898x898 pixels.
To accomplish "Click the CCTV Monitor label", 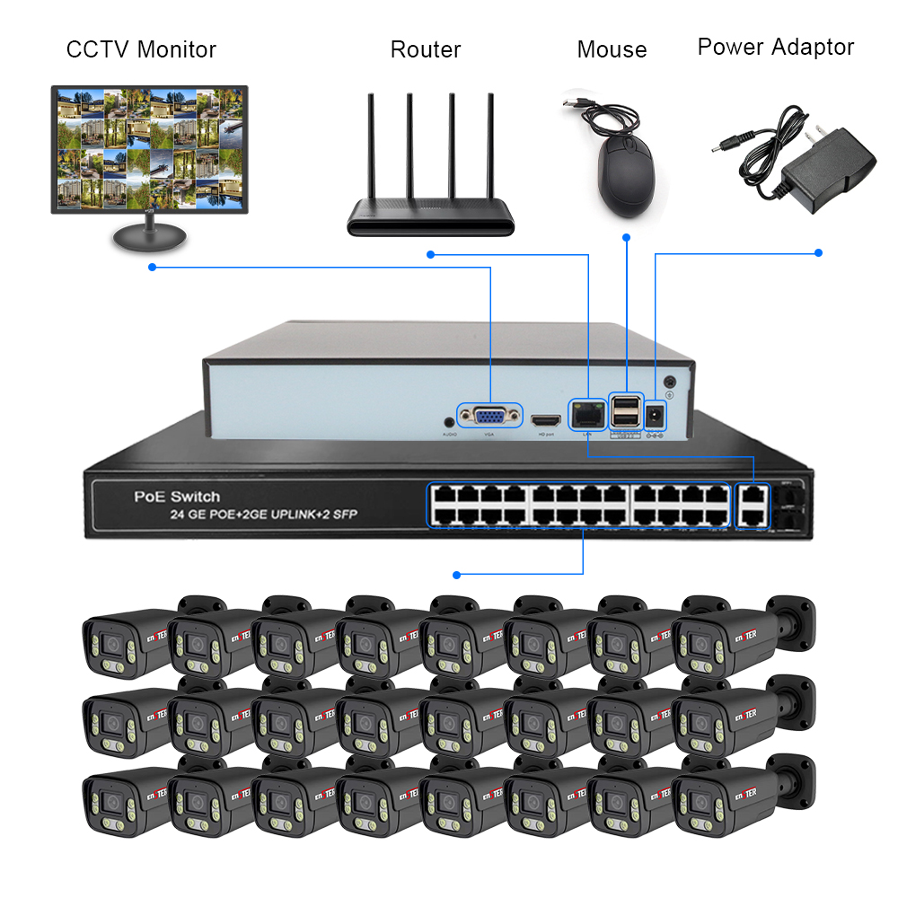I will point(141,48).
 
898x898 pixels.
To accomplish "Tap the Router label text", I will point(426,48).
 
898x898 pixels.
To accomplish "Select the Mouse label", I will point(612,49).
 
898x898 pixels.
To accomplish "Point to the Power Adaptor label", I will point(776,47).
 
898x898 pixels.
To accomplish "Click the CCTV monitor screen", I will point(149,149).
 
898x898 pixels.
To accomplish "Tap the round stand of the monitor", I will point(149,238).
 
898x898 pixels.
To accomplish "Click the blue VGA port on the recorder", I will point(489,416).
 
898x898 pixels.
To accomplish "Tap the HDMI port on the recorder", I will point(544,419).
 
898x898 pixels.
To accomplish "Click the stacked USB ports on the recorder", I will point(626,412).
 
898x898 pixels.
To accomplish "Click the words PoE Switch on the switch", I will point(177,496).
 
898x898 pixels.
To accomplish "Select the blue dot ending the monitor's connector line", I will point(152,267).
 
